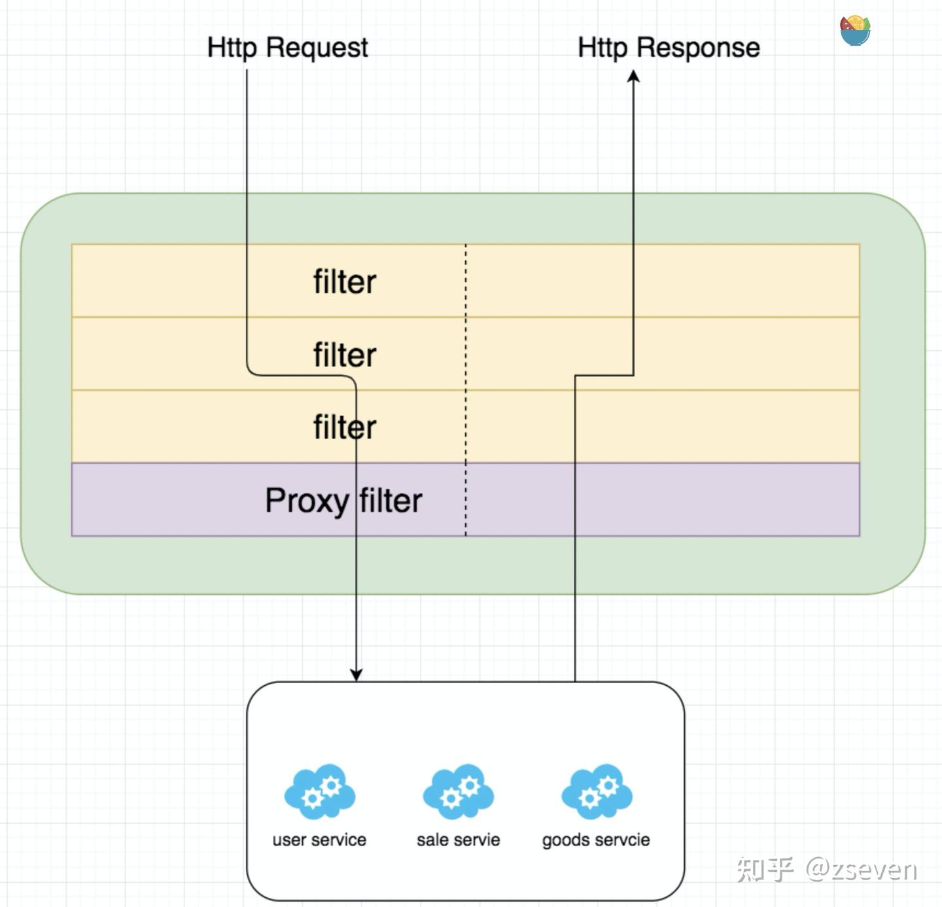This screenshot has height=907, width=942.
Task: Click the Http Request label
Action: [x=287, y=48]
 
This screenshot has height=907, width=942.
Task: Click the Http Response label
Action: [x=669, y=48]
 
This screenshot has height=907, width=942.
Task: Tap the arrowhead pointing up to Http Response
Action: [x=633, y=77]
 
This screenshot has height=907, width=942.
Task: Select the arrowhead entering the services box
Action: [x=356, y=674]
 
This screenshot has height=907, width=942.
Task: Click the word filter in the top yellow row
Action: [x=345, y=282]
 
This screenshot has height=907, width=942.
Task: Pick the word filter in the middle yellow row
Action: [x=345, y=355]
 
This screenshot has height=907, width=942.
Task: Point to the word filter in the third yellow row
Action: [x=345, y=427]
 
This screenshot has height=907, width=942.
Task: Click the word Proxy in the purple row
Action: [x=306, y=501]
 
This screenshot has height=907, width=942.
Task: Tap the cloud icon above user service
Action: [x=320, y=791]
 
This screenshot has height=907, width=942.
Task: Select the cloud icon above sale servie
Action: [x=458, y=791]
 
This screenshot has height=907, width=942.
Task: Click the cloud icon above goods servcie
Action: [x=597, y=791]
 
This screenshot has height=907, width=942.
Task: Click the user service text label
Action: [x=319, y=840]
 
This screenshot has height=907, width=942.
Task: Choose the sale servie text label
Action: [x=458, y=840]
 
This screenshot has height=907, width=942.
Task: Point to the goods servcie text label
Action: [x=596, y=840]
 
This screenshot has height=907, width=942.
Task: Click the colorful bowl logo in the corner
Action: [x=855, y=31]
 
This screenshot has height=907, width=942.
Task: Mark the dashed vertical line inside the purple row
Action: [x=466, y=500]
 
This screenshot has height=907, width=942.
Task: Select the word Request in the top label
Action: [x=317, y=48]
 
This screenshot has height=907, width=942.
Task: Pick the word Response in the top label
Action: [x=698, y=48]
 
